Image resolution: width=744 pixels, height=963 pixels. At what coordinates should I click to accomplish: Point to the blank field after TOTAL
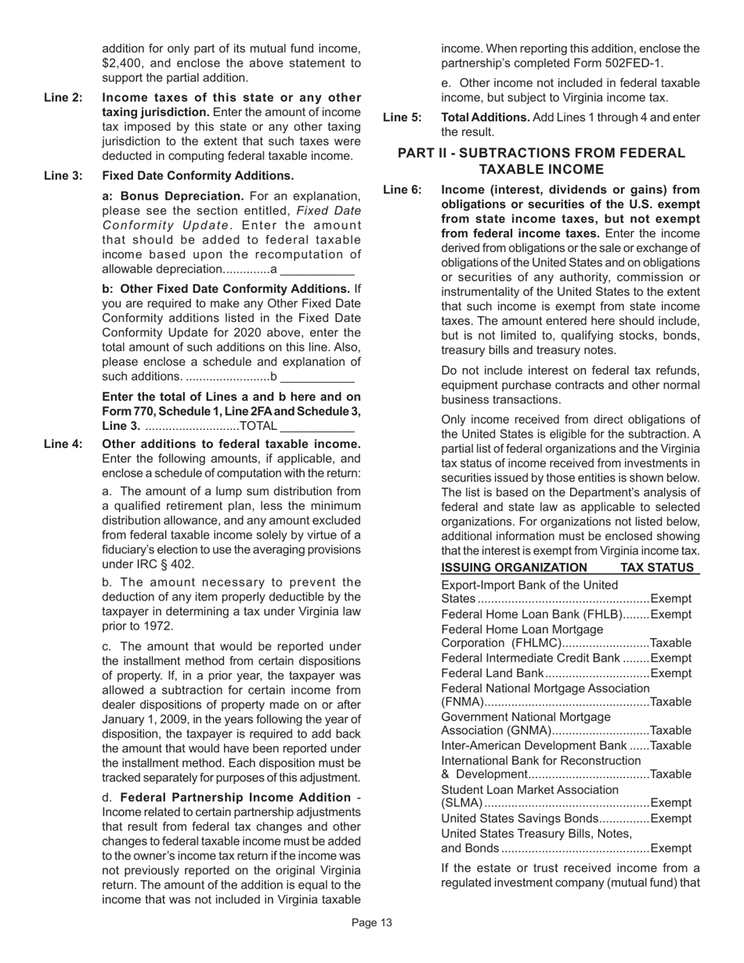(x=317, y=426)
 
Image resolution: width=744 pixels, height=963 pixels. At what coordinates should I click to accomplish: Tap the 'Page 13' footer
(x=371, y=923)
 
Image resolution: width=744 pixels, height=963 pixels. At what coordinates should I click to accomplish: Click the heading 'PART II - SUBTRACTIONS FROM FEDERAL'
(x=541, y=153)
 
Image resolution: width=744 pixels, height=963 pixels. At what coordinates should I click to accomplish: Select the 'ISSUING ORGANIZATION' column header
(x=514, y=568)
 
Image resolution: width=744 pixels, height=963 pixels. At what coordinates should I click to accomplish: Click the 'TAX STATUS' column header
(x=657, y=568)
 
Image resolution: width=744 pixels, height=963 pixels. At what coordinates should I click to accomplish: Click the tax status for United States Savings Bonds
(x=671, y=818)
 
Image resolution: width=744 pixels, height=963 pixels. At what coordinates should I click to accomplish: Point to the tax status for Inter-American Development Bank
(x=671, y=745)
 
